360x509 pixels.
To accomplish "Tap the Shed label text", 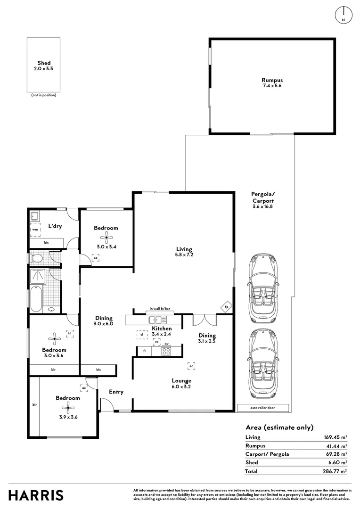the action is tap(44, 63).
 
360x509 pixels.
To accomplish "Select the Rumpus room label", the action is tap(272, 80).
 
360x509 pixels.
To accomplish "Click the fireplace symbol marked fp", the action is tap(227, 307).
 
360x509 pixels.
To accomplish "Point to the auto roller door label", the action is tap(262, 408).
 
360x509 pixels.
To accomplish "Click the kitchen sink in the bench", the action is tap(157, 320).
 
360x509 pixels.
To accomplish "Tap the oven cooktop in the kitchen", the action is tap(166, 351).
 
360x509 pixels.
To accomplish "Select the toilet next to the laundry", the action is tap(36, 258).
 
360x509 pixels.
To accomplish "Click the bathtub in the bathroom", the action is tap(36, 299).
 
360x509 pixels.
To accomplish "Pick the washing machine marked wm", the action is tap(35, 230).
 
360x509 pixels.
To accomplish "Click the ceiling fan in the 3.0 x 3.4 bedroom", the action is tap(106, 238).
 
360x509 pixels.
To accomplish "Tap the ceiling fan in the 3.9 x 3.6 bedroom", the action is tap(68, 408).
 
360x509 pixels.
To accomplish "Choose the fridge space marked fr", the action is tap(145, 351).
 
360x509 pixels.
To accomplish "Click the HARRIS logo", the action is tap(36, 495).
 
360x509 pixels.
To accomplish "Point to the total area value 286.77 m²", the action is tap(335, 471).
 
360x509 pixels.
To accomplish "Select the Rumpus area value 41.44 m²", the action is tap(336, 446).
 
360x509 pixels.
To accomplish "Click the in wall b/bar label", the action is tap(160, 309).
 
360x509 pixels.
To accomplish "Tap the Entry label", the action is tap(116, 392).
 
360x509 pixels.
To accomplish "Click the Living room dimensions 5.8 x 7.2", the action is tap(184, 255).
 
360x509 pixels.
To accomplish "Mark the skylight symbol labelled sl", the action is tap(142, 334).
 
